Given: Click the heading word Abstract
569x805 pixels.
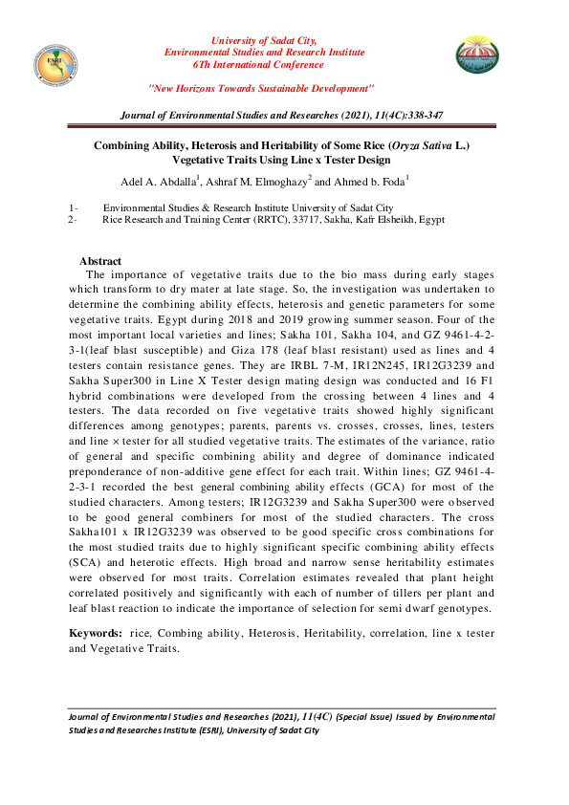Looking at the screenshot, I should click(100, 261).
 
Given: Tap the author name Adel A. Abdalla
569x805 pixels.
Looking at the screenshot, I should click(160, 183).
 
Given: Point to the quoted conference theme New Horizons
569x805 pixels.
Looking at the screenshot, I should click(260, 88).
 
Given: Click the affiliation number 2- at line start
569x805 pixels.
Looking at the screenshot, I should click(73, 220).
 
